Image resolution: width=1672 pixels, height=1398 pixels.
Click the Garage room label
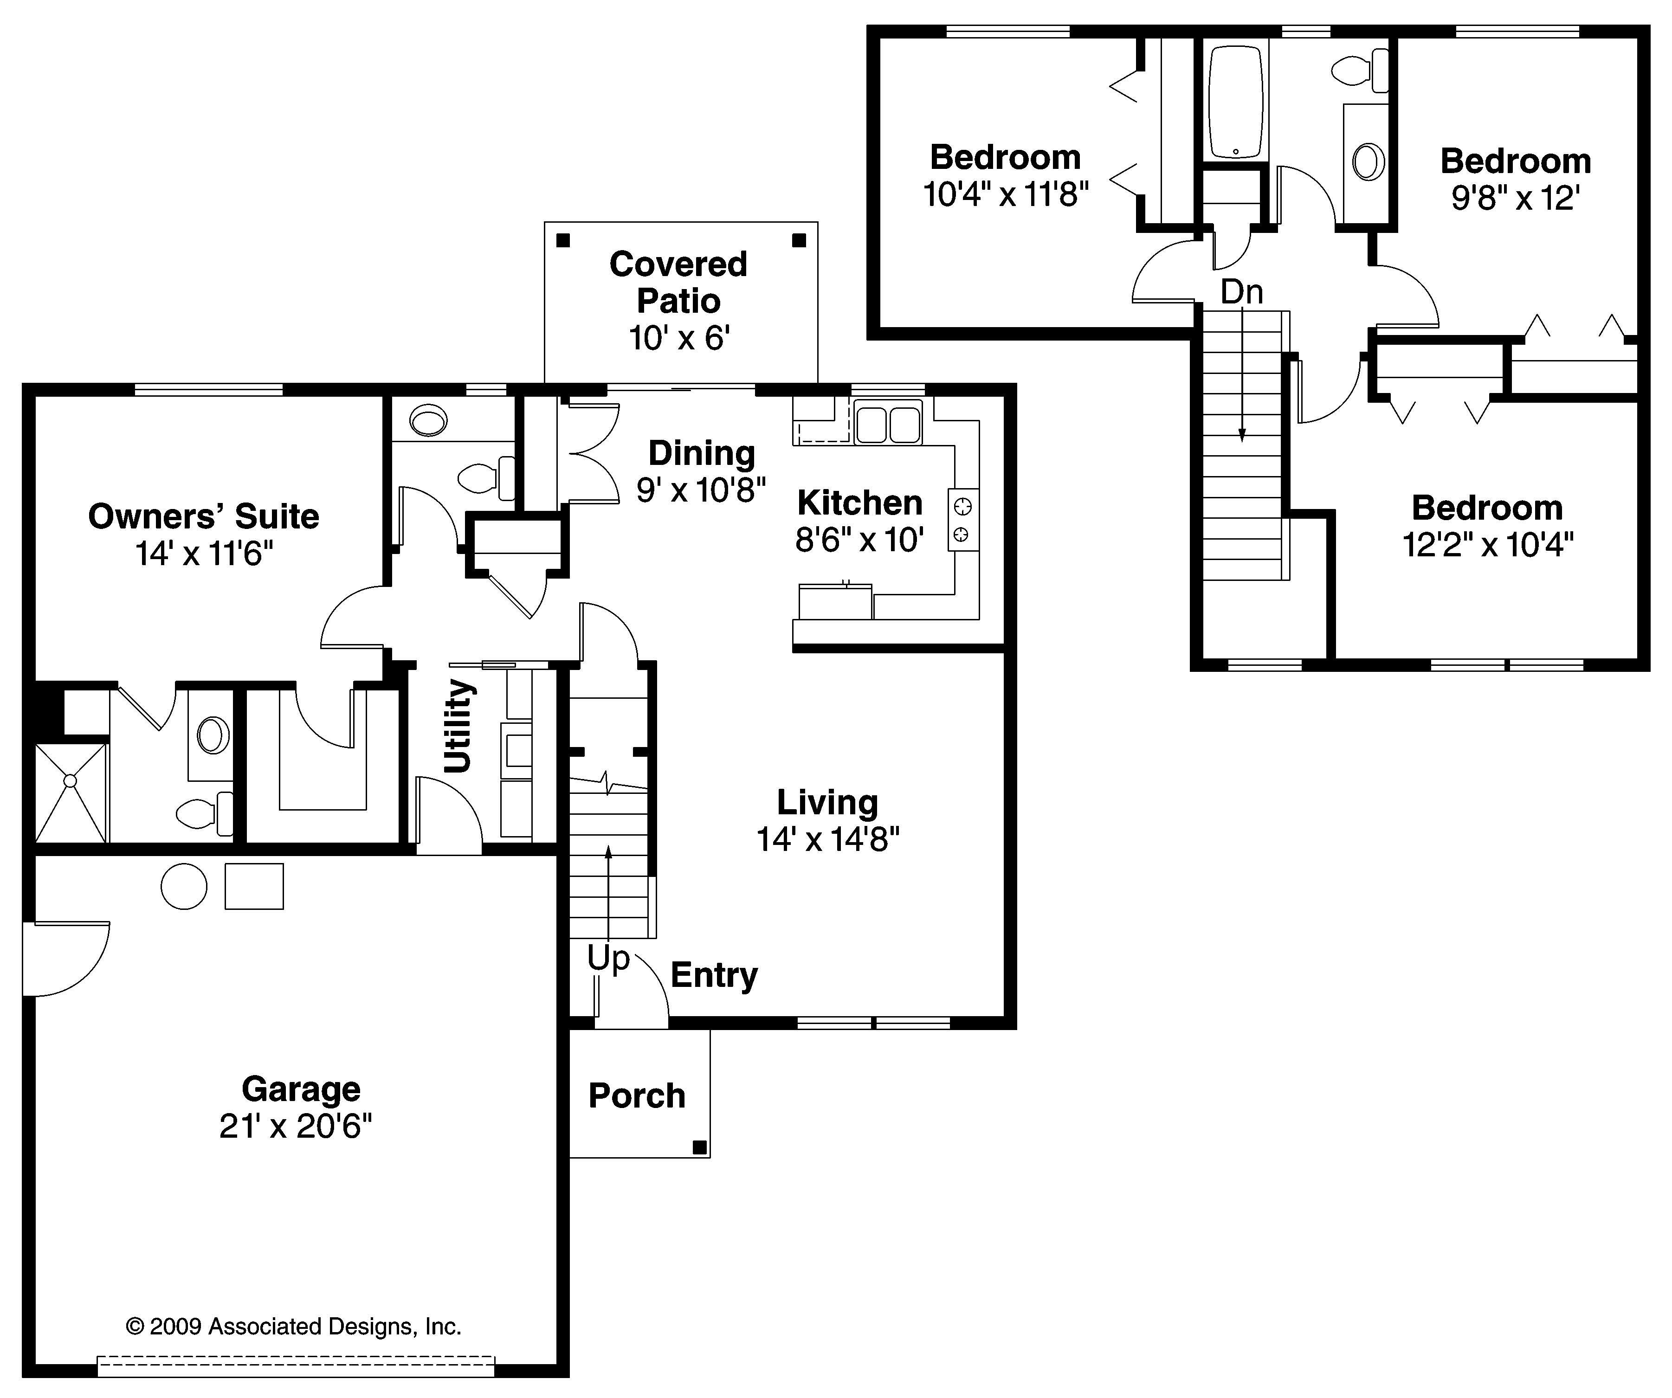301,1089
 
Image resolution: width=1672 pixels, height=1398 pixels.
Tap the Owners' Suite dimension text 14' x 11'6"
204,554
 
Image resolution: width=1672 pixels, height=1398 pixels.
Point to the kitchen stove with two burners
962,520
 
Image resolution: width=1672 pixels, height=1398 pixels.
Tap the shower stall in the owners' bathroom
71,792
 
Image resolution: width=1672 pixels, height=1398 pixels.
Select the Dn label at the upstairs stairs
1241,292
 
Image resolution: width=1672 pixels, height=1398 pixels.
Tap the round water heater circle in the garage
184,886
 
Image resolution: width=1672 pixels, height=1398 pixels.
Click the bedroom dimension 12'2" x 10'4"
1487,545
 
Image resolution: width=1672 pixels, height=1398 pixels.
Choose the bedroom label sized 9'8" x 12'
1515,161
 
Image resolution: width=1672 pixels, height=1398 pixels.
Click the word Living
827,803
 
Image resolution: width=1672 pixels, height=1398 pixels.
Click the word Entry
714,975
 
